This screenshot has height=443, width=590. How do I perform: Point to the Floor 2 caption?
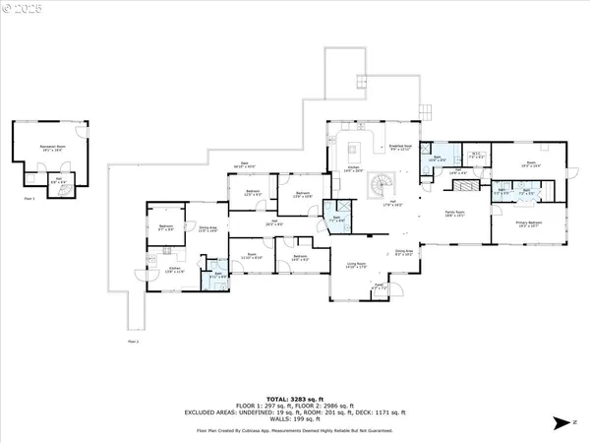pyautogui.click(x=133, y=341)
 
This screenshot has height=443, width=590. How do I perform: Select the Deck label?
pyautogui.click(x=243, y=167)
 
